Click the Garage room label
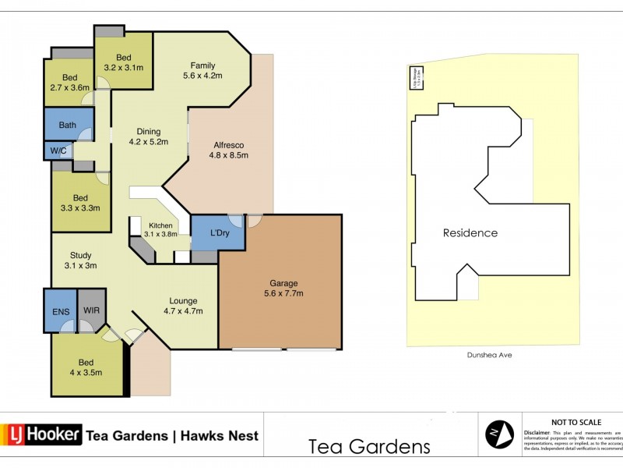coord(280,288)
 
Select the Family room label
coord(202,70)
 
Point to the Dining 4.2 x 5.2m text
coord(148,136)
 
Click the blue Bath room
coord(68,125)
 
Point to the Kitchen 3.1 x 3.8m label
coord(161,229)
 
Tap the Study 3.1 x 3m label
coord(81,260)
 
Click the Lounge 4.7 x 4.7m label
coord(183,306)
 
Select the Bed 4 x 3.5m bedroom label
coord(86,367)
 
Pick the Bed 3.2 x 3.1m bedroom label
coord(124,62)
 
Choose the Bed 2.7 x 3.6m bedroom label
coord(70,83)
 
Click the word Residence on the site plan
coord(470,232)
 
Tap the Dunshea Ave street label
coord(491,354)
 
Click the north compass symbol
coord(499,433)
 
